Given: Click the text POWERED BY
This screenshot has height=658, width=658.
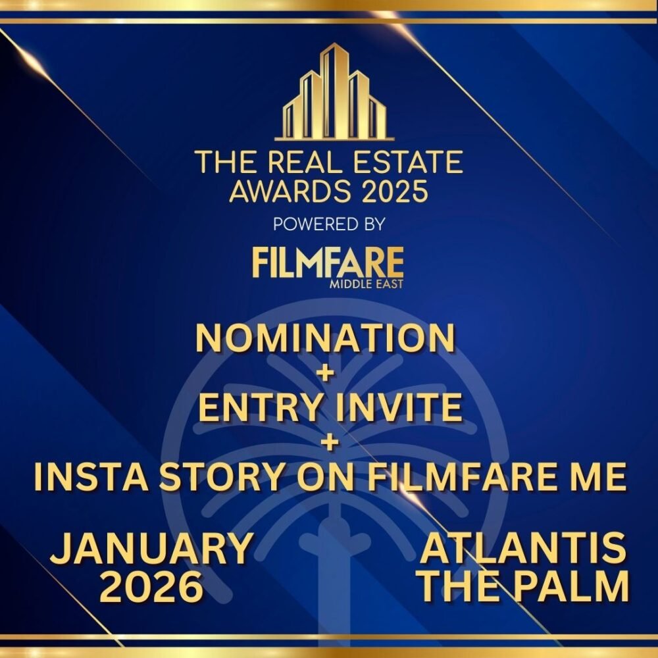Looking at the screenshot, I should point(328,224).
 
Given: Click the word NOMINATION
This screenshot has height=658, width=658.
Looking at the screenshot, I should point(326,340).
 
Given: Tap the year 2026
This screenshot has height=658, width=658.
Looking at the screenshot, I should point(151,588).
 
